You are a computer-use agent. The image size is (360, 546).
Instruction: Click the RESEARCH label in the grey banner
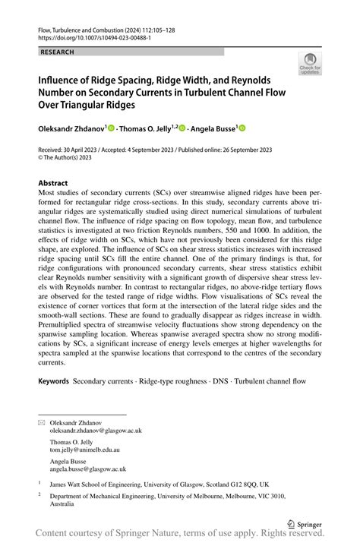pos(57,52)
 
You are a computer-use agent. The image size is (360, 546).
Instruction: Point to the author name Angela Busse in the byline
pos(210,129)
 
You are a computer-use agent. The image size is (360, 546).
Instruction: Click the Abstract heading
pos(53,184)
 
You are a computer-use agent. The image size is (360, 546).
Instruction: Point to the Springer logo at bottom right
pos(304,523)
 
